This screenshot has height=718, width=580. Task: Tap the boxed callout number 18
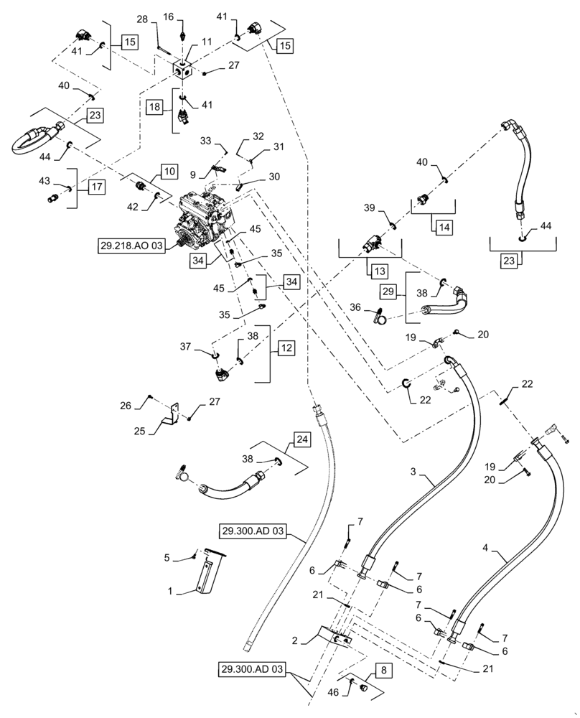[x=155, y=106]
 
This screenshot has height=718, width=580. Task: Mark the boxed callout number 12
[x=286, y=348]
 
